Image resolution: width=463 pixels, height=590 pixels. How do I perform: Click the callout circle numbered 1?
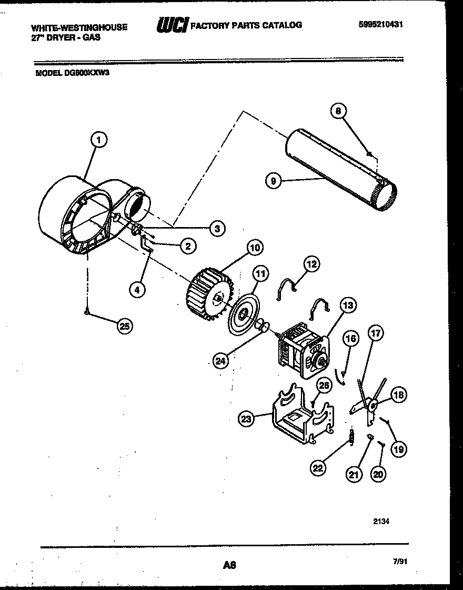98,140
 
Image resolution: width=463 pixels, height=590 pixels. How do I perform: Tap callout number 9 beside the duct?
273,181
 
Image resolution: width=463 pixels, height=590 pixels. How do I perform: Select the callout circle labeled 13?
348,305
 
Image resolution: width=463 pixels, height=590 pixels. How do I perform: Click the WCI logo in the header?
172,25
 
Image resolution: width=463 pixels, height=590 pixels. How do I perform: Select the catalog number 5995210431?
382,24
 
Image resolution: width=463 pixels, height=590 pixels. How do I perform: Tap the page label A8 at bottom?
228,565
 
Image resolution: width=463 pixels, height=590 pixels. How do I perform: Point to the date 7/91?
399,562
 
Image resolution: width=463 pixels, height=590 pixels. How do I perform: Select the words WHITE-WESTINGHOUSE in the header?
79,27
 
